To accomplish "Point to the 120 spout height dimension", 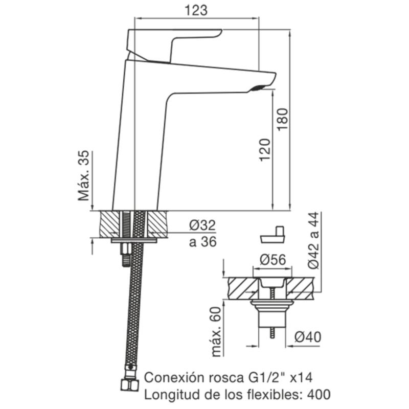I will (x=264, y=150).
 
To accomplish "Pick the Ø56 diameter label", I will (x=273, y=260).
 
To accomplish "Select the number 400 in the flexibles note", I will (x=316, y=394).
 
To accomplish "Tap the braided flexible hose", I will (x=134, y=307).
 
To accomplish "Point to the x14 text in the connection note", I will (x=300, y=378).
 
